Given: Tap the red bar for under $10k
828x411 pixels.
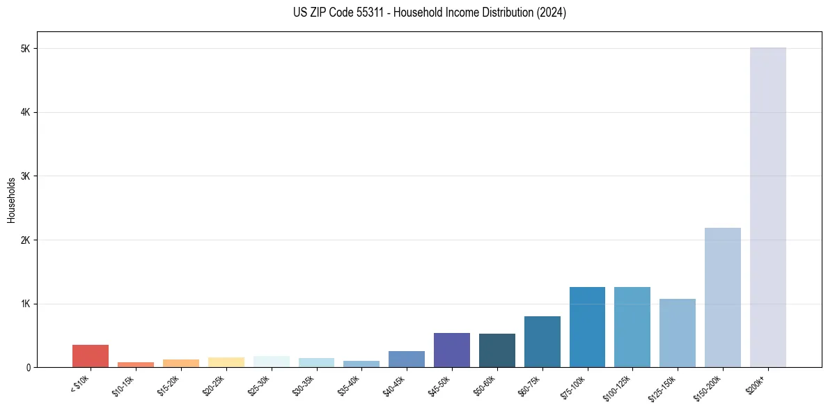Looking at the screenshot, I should (91, 356).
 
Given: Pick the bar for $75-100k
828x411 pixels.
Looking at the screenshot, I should (587, 327).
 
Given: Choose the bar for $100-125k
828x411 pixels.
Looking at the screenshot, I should (632, 327).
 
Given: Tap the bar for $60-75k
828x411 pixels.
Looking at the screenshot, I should (542, 342).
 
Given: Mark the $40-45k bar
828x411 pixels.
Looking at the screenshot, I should (407, 359).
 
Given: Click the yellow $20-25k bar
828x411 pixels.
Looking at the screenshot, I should (226, 362).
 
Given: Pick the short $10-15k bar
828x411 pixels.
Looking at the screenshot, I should (136, 364).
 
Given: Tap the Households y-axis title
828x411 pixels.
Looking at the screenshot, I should (12, 200).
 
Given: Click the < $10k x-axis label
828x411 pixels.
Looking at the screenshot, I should (80, 385).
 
